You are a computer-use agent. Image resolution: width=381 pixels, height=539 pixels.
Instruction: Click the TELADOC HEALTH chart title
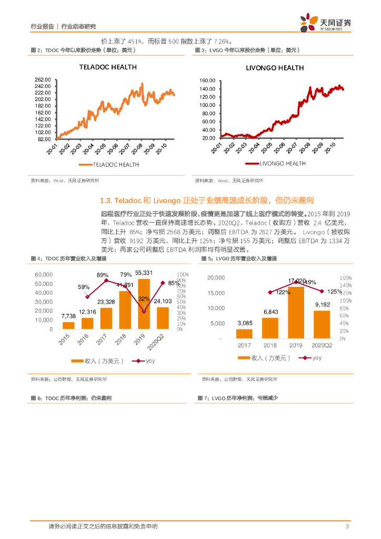click(x=107, y=67)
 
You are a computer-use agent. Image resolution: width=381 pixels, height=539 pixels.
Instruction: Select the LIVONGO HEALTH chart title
click(x=275, y=68)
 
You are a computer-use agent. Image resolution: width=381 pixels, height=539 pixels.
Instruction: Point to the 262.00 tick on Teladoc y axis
click(x=43, y=79)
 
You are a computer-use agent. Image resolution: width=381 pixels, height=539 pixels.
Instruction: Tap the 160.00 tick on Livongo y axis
click(x=208, y=81)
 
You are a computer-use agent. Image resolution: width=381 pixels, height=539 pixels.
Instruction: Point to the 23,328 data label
click(x=106, y=302)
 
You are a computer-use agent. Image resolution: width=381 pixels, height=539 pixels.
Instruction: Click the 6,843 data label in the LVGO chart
click(x=270, y=312)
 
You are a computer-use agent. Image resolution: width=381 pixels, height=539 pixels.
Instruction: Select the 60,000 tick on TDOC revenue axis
click(x=44, y=275)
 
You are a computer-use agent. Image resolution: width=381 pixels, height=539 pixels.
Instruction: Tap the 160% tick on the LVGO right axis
click(x=344, y=278)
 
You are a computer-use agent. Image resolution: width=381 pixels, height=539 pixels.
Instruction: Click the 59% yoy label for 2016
click(x=84, y=287)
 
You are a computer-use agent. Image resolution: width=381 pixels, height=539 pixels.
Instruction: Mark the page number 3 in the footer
click(x=347, y=527)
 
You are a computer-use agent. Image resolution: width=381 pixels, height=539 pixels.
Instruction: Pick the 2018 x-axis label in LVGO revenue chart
click(x=270, y=345)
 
